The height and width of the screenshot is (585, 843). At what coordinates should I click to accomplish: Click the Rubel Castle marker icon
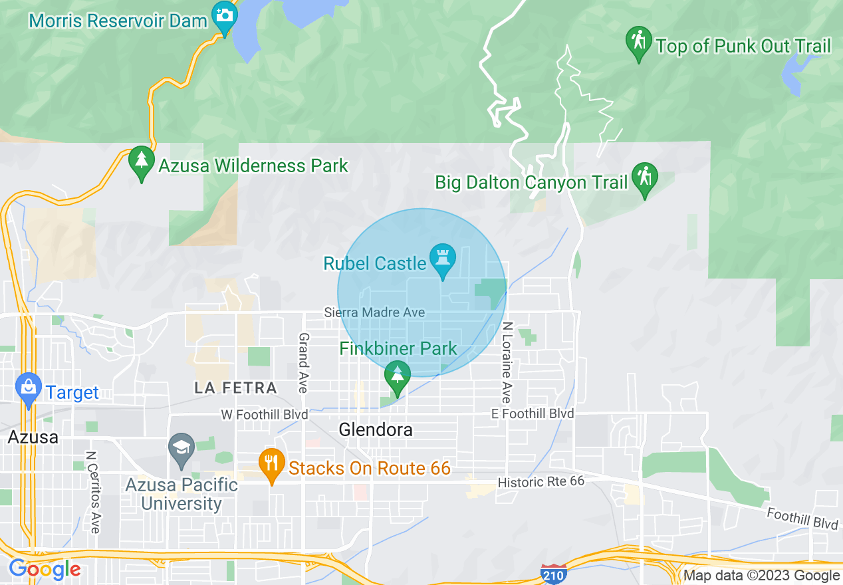[x=442, y=259]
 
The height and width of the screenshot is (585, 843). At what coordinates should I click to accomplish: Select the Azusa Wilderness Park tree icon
[x=141, y=161]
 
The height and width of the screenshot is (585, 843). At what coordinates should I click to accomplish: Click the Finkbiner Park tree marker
[x=397, y=376]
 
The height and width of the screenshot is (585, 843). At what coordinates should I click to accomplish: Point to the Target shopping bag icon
[x=29, y=388]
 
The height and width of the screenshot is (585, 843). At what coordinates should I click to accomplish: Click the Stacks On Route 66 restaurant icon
[x=271, y=463]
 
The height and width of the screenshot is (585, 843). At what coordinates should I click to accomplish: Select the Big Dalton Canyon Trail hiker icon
[x=644, y=177]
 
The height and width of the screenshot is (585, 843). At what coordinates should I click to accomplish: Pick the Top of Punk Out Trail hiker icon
[x=639, y=41]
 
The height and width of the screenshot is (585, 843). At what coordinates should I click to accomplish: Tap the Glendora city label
[x=376, y=430]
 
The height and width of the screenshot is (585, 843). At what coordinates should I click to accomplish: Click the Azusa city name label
[x=33, y=437]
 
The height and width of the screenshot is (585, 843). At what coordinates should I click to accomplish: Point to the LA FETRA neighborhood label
[x=236, y=388]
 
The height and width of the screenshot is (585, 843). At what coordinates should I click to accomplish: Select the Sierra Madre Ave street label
[x=374, y=312]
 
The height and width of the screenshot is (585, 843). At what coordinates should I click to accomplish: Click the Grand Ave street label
[x=303, y=362]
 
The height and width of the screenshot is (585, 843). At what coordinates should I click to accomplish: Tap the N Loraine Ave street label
[x=507, y=362]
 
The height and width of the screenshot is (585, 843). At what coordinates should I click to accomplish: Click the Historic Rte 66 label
[x=541, y=481]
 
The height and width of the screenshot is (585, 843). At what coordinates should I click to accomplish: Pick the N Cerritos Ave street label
[x=93, y=492]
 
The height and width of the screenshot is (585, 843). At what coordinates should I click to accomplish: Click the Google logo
[x=45, y=570]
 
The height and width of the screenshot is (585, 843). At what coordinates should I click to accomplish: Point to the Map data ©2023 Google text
[x=762, y=576]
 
